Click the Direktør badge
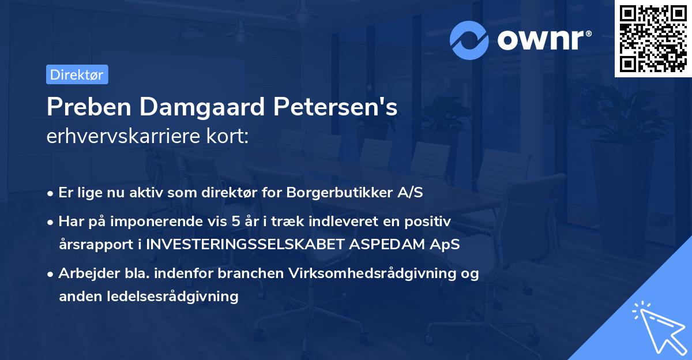click(77, 74)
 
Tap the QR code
click(652, 38)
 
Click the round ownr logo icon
click(469, 40)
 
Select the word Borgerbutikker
click(324, 192)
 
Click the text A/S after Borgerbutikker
click(409, 192)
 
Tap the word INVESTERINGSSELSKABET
click(246, 244)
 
